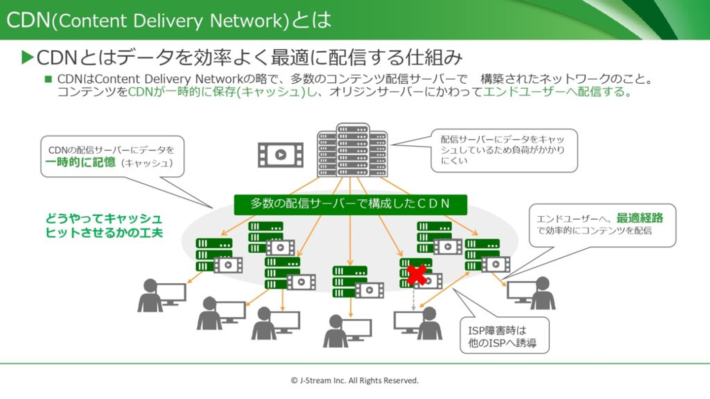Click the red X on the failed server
pos(417,275)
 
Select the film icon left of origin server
pos(281,155)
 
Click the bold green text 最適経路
pos(639,218)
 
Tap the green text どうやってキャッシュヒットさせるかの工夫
pos(104,226)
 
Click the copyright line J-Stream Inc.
pos(355,380)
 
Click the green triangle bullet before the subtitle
pos(28,58)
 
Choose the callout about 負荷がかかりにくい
pos(504,150)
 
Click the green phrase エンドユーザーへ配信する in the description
pos(557,92)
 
